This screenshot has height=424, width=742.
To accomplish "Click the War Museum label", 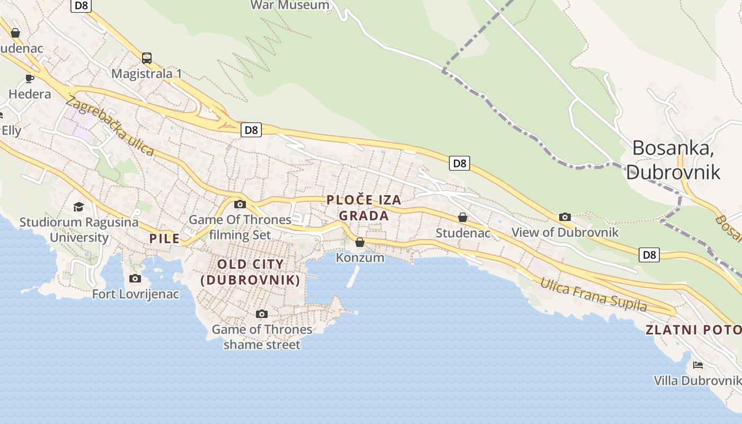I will (289, 5).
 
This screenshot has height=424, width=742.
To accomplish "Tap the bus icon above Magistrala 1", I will (147, 58).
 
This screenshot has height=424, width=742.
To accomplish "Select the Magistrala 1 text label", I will (146, 74).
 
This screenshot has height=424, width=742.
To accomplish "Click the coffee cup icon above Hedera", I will (30, 79).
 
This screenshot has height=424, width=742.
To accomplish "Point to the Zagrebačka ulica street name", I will (110, 127).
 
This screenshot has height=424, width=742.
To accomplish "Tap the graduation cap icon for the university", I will (78, 207).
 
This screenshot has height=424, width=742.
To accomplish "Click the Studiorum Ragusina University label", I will (79, 229).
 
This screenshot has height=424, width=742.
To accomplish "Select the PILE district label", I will (164, 238).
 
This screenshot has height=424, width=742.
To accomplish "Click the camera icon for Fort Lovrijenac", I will (135, 278).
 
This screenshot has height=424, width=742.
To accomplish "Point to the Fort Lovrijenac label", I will (136, 294).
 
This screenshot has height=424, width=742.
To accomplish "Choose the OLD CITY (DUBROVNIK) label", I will (250, 272).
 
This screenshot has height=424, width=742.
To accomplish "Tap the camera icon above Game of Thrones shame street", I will (261, 314).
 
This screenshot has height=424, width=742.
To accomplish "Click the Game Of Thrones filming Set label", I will (240, 227).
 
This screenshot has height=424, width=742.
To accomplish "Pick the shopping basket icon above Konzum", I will (360, 242).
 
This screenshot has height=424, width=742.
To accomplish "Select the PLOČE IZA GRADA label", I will (364, 208).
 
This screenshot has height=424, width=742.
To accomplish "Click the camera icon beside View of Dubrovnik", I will (564, 217).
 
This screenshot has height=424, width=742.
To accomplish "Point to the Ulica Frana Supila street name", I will (594, 295).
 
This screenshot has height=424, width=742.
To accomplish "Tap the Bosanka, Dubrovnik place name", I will (673, 160).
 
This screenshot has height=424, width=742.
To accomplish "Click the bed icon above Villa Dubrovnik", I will (698, 365).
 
